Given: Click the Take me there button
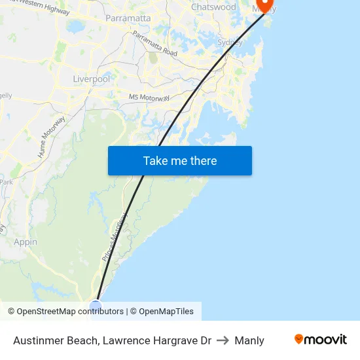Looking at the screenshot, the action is [x=180, y=161].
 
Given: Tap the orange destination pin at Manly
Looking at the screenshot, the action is [x=265, y=5].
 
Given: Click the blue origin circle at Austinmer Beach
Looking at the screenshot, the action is [x=96, y=305].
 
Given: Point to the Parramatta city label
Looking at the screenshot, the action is [x=128, y=18].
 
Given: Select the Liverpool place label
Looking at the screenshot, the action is [x=92, y=79].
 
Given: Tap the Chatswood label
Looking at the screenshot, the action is [x=213, y=7].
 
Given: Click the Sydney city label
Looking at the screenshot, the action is [x=230, y=43].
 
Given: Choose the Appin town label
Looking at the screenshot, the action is [x=26, y=242].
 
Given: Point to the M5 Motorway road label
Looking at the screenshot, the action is [x=149, y=97].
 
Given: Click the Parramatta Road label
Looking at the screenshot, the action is [x=154, y=43].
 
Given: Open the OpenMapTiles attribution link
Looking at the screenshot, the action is [x=166, y=312].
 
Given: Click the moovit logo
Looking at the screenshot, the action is [x=320, y=339].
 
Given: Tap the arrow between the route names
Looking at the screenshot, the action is [x=223, y=340].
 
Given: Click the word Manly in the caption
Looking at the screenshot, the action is [x=249, y=340].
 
